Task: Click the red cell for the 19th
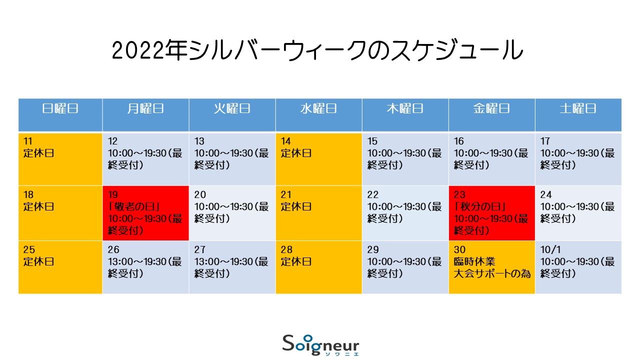coord(145,213)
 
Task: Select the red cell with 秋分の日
coord(491,213)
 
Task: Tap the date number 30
coord(459,249)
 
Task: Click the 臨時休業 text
coord(474,261)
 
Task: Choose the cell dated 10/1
coord(578,267)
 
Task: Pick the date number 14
coord(285,141)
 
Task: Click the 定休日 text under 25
coord(38,261)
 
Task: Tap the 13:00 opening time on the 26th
coord(123,261)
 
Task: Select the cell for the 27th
coord(232,267)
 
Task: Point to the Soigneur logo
coord(320,345)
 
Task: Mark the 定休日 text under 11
coord(38,153)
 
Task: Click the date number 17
coord(545,141)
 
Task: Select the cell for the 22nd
coord(405,213)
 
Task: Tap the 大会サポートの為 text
coord(492,273)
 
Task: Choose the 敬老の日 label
coord(134,206)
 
